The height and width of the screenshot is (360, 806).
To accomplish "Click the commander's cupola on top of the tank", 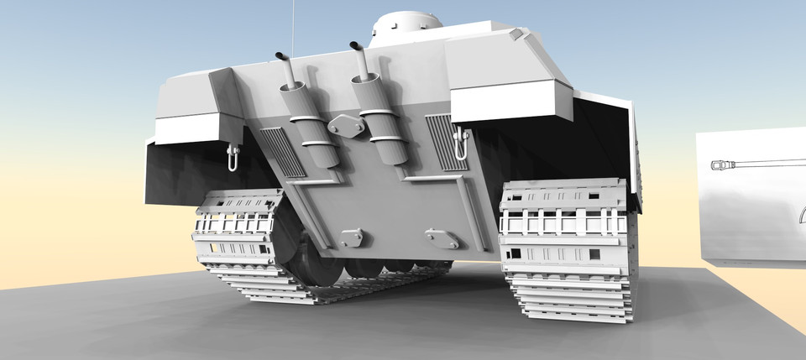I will [x=407, y=24].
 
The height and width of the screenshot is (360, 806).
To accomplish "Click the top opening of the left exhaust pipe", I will [x=283, y=57].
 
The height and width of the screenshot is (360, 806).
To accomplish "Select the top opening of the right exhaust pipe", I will [x=356, y=45].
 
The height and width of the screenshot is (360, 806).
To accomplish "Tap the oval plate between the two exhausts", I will [x=345, y=127].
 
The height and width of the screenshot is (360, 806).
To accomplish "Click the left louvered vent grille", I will [x=284, y=152].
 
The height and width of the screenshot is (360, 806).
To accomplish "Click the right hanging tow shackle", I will [x=460, y=143].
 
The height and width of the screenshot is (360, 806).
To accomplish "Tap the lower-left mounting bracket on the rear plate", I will [x=352, y=237].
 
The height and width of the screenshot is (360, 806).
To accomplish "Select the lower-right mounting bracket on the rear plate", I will [x=442, y=237].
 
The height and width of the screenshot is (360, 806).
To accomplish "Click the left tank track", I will [x=243, y=243].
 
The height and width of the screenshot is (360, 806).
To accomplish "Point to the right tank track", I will [x=567, y=252].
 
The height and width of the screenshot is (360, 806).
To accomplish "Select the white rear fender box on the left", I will [x=186, y=128].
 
